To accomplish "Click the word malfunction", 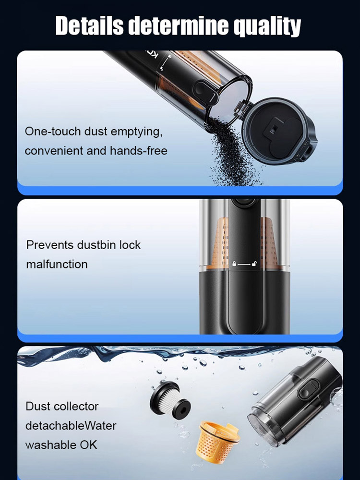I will (x=57, y=264).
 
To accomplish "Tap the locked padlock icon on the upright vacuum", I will (x=235, y=264).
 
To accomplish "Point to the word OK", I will (x=87, y=444).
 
